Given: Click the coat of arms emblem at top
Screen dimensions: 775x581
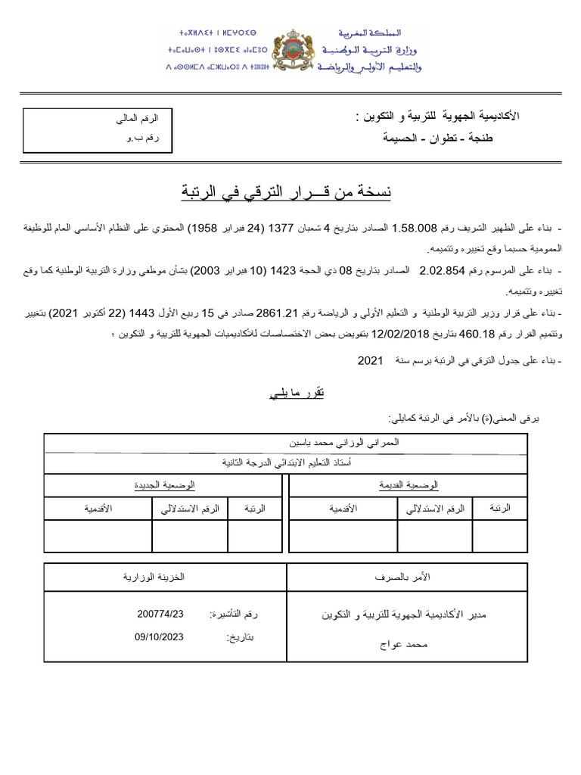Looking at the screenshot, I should click(291, 51).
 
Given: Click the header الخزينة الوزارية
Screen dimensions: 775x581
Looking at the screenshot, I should click(154, 577).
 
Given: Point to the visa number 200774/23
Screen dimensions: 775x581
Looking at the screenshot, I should click(161, 613).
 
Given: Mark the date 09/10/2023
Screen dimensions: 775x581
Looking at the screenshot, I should click(160, 637).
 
